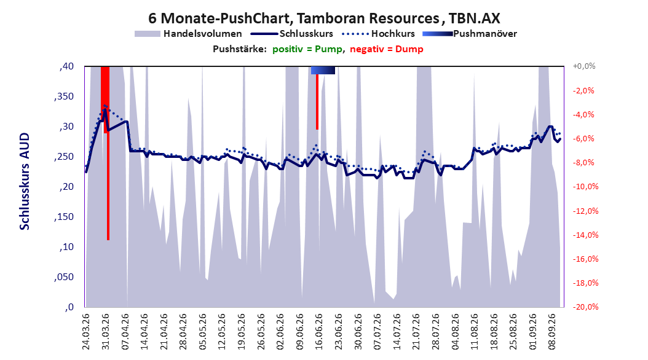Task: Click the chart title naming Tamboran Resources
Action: click(x=325, y=18)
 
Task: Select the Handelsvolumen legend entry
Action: click(x=189, y=34)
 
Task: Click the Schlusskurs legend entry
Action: click(x=292, y=34)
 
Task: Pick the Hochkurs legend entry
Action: click(x=379, y=34)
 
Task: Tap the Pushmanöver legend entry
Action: click(x=470, y=34)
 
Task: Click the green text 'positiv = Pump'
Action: click(x=307, y=49)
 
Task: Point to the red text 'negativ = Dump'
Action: click(x=387, y=49)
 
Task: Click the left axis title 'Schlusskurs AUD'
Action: click(x=25, y=181)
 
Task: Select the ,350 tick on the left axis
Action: click(x=64, y=96)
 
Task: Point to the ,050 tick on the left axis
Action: click(x=64, y=277)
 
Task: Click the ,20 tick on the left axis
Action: click(x=66, y=187)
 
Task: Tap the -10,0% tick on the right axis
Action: click(x=585, y=187)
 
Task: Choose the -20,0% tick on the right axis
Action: click(x=585, y=307)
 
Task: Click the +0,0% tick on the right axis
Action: click(x=584, y=66)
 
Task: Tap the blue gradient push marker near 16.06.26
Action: click(x=323, y=70)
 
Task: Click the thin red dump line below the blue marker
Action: click(x=317, y=101)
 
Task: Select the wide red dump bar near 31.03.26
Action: click(x=105, y=100)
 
